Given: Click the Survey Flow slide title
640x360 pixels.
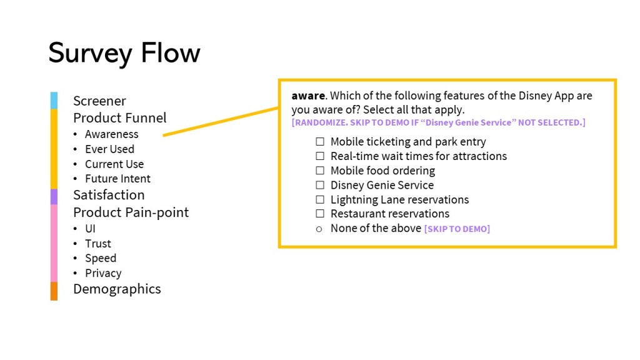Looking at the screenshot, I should pos(124,53).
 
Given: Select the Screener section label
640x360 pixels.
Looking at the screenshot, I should pos(99,101).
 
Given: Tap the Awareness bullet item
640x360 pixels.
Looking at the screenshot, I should pos(111,134).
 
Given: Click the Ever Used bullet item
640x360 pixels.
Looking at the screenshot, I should pos(109,149).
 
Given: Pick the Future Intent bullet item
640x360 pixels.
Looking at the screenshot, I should pos(117,179).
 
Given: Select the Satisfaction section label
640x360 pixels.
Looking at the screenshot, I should pos(109,194).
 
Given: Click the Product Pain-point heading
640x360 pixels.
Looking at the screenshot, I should pos(131,212).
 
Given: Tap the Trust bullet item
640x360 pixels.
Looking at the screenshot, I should pos(97,244).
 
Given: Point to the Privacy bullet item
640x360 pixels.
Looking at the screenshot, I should pos(103,273).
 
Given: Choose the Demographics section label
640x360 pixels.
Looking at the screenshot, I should pos(117,289).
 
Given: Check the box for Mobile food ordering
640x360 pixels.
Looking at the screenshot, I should pos(320,171).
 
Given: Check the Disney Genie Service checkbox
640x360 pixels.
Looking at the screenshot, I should pos(320,185).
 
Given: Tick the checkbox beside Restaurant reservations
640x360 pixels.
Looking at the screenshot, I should pos(320,214).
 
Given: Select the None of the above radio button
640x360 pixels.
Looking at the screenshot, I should pos(319,229).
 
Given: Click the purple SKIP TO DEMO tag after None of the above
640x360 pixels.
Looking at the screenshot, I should pos(457,229).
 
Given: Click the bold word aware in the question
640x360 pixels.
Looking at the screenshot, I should pos(308,96).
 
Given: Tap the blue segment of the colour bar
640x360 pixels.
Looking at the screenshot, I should pos(54,100).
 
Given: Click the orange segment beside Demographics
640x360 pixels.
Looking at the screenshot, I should pos(54,291).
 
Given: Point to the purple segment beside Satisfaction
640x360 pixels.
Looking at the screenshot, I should pos(54,196).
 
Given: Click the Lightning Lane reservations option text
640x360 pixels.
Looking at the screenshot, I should pos(399,200).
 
